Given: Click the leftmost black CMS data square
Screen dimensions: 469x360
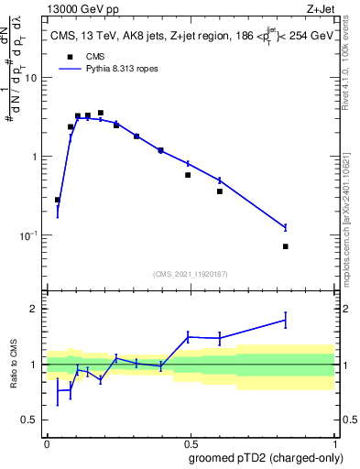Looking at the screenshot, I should [58, 200].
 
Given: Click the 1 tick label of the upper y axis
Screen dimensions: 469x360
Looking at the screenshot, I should [36, 157].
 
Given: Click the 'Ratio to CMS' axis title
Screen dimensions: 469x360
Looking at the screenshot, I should [15, 365].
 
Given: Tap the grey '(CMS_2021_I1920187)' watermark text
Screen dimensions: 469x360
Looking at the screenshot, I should [190, 274].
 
